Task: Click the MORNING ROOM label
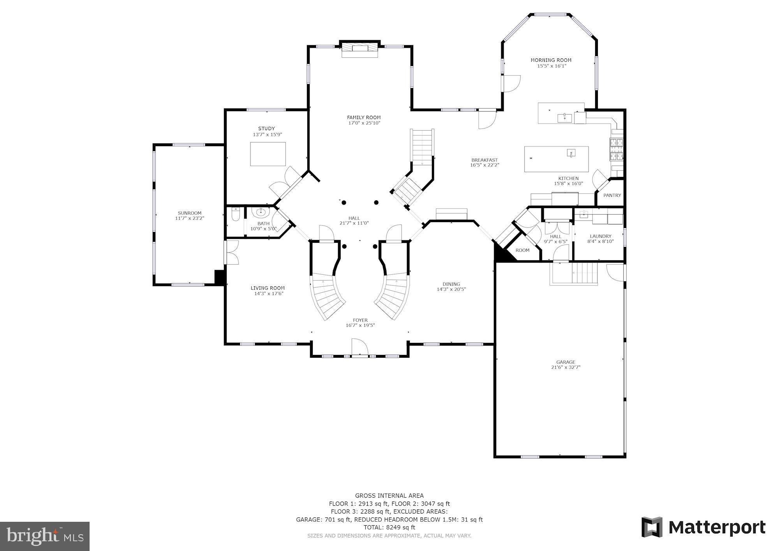[551, 60]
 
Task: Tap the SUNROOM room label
[189, 213]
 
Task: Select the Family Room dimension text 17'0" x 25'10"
[364, 123]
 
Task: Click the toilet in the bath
[235, 215]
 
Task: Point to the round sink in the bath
[260, 213]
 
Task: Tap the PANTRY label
[612, 195]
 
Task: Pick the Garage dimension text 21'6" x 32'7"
[566, 367]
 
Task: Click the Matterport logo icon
[652, 527]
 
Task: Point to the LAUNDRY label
[600, 236]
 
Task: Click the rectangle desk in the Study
[268, 154]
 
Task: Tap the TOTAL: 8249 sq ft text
[389, 527]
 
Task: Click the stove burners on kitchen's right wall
[617, 150]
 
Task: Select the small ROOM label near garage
[522, 250]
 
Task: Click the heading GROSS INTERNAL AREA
[389, 496]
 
